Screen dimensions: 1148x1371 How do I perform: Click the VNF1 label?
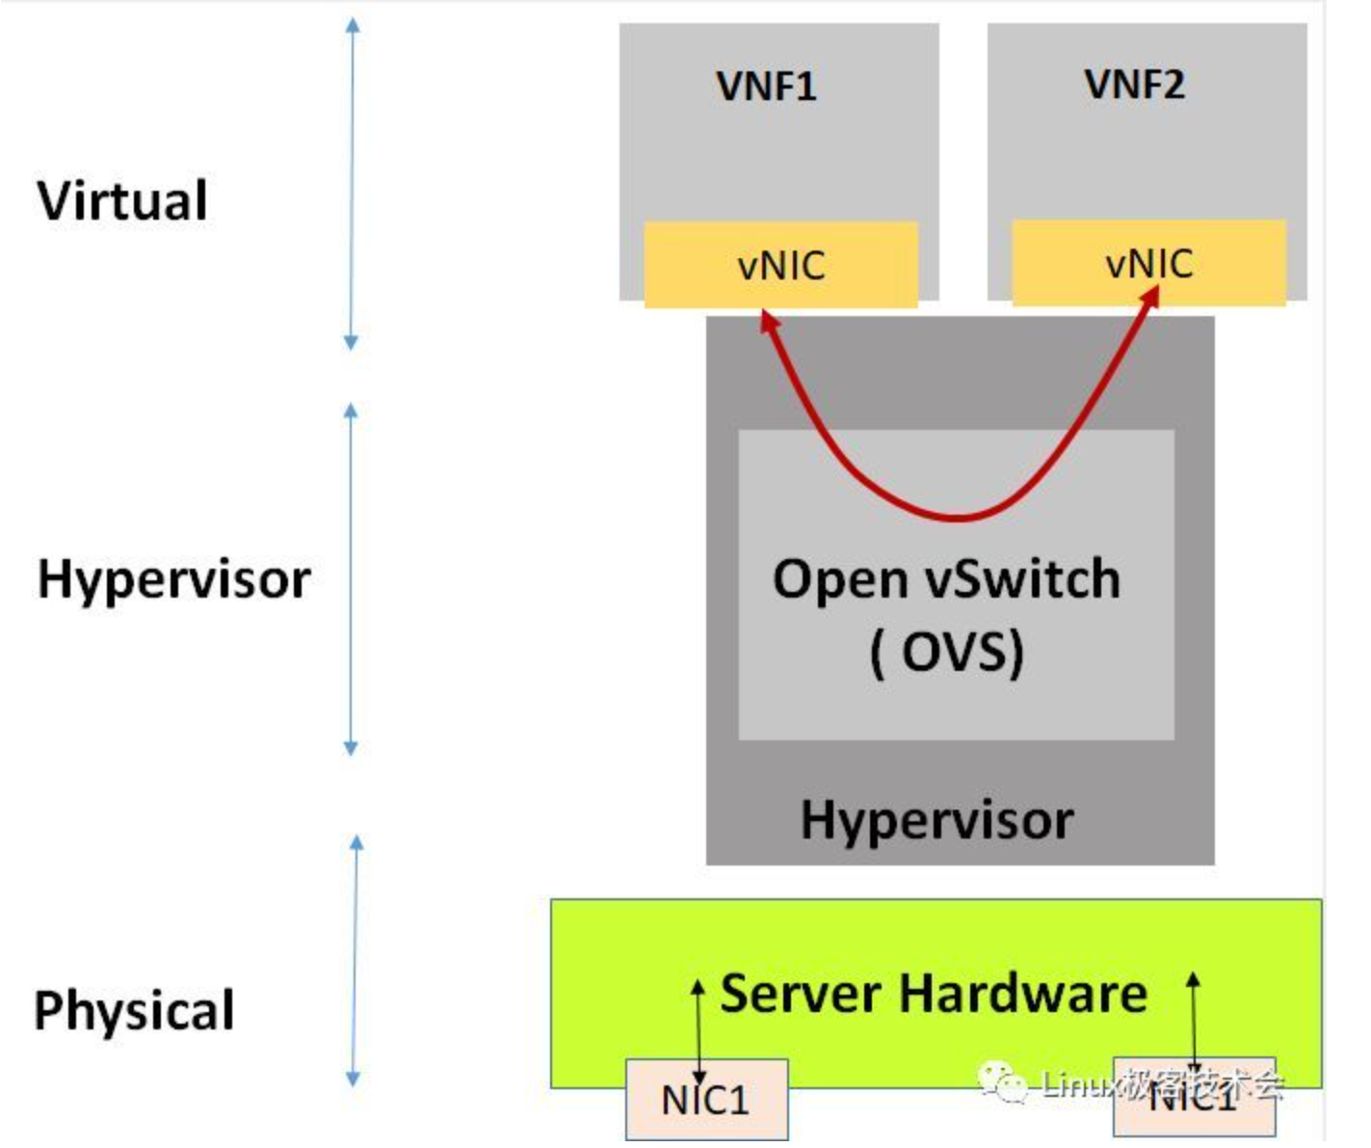766,87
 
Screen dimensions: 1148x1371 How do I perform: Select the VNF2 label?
1134,85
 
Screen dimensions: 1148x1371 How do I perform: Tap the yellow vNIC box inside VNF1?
780,265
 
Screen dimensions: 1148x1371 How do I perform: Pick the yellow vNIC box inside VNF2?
1148,263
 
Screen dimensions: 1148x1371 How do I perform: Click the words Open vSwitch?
946,580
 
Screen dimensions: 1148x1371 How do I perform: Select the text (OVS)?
946,653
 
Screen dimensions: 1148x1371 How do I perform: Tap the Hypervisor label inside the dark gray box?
936,820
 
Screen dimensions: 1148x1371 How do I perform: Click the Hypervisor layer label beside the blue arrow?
173,580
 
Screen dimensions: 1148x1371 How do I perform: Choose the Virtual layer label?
122,200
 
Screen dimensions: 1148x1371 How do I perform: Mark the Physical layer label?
134,1011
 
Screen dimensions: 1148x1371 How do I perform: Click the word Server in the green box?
800,994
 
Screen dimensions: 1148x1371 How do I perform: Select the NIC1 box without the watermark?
705,1100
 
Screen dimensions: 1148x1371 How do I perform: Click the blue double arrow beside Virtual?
352,183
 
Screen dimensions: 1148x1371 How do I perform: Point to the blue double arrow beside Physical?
355,961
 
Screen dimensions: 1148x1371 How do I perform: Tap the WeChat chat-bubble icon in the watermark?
1003,1084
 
